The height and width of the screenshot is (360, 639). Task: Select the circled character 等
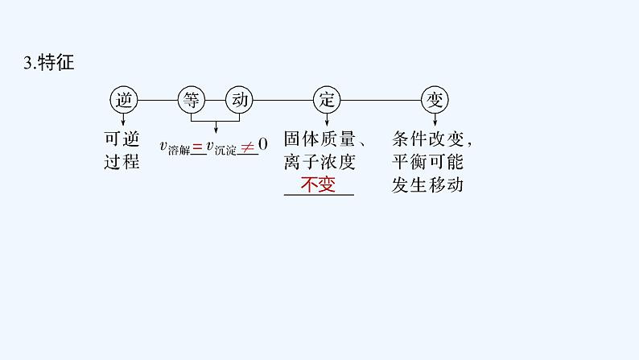tap(191, 101)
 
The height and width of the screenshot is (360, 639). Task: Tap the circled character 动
tap(240, 101)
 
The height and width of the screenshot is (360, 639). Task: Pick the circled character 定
tap(326, 101)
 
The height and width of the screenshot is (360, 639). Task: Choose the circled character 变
tap(435, 101)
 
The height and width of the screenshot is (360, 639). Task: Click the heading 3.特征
tap(50, 62)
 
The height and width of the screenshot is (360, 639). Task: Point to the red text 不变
tap(316, 184)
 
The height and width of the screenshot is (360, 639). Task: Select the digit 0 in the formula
tap(262, 147)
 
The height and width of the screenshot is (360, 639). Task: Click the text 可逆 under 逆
tap(122, 138)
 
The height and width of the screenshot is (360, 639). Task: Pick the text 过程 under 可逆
tap(122, 161)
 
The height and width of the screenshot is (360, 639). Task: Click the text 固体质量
tap(319, 138)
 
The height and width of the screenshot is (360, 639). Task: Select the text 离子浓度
tap(319, 161)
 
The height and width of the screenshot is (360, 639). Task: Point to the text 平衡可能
tap(429, 161)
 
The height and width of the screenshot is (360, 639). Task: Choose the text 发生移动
tap(429, 184)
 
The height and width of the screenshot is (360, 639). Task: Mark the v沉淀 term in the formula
tap(221, 147)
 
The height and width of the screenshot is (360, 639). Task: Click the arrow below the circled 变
tap(435, 118)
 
